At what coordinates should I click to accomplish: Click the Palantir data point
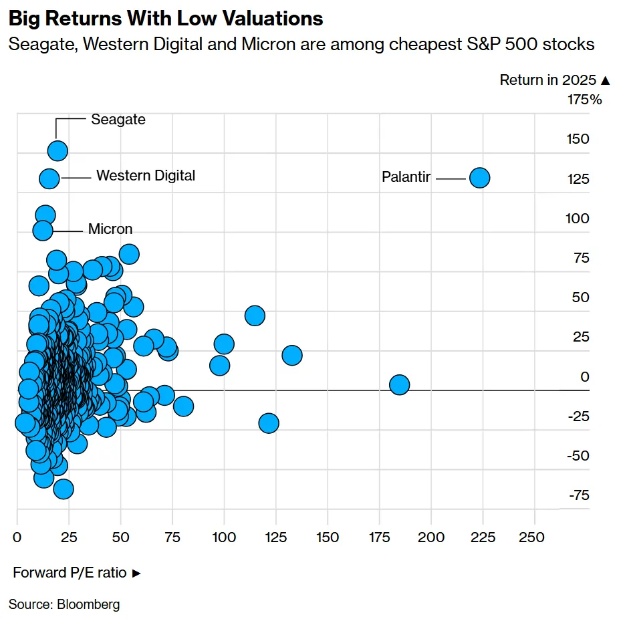(479, 178)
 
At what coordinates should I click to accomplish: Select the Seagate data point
(57, 150)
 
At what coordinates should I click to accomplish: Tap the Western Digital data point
(49, 178)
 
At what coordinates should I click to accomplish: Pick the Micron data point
(43, 230)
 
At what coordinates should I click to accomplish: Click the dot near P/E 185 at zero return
(399, 384)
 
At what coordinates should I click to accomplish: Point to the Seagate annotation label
(118, 120)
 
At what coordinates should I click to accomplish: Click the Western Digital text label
(146, 176)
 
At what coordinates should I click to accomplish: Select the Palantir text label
(406, 178)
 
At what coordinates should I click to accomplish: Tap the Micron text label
(110, 229)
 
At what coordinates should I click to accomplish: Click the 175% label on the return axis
(584, 100)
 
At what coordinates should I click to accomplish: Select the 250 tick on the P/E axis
(534, 537)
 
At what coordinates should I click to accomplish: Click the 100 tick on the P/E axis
(224, 537)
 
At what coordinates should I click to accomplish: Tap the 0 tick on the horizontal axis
(17, 537)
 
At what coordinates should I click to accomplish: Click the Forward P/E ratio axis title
(77, 573)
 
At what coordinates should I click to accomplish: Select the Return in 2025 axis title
(555, 80)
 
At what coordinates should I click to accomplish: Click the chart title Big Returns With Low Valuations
(166, 19)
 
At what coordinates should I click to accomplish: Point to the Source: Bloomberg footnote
(64, 605)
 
